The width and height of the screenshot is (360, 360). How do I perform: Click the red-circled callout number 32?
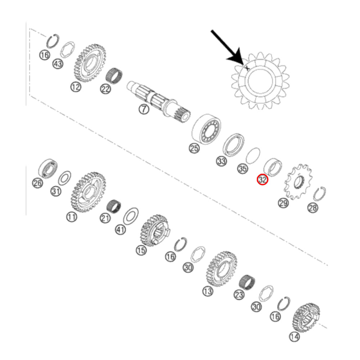tap(262, 179)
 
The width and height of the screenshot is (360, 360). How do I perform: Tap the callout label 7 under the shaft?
tap(144, 109)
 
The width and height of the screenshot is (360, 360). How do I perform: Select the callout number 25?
tap(194, 148)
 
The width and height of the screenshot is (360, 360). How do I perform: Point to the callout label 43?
tap(58, 64)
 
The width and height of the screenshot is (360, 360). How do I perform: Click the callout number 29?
tap(283, 203)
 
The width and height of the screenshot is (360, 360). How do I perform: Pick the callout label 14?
tap(294, 337)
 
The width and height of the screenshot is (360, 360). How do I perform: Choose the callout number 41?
tap(121, 229)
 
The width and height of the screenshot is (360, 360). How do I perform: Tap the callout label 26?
tap(38, 183)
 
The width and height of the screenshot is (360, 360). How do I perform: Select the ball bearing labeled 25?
tap(206, 129)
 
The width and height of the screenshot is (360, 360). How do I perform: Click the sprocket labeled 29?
tap(298, 181)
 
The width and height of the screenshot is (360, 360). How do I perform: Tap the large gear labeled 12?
tap(90, 63)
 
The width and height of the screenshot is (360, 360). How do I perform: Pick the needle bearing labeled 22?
tap(114, 75)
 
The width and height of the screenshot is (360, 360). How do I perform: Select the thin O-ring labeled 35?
tap(253, 156)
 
